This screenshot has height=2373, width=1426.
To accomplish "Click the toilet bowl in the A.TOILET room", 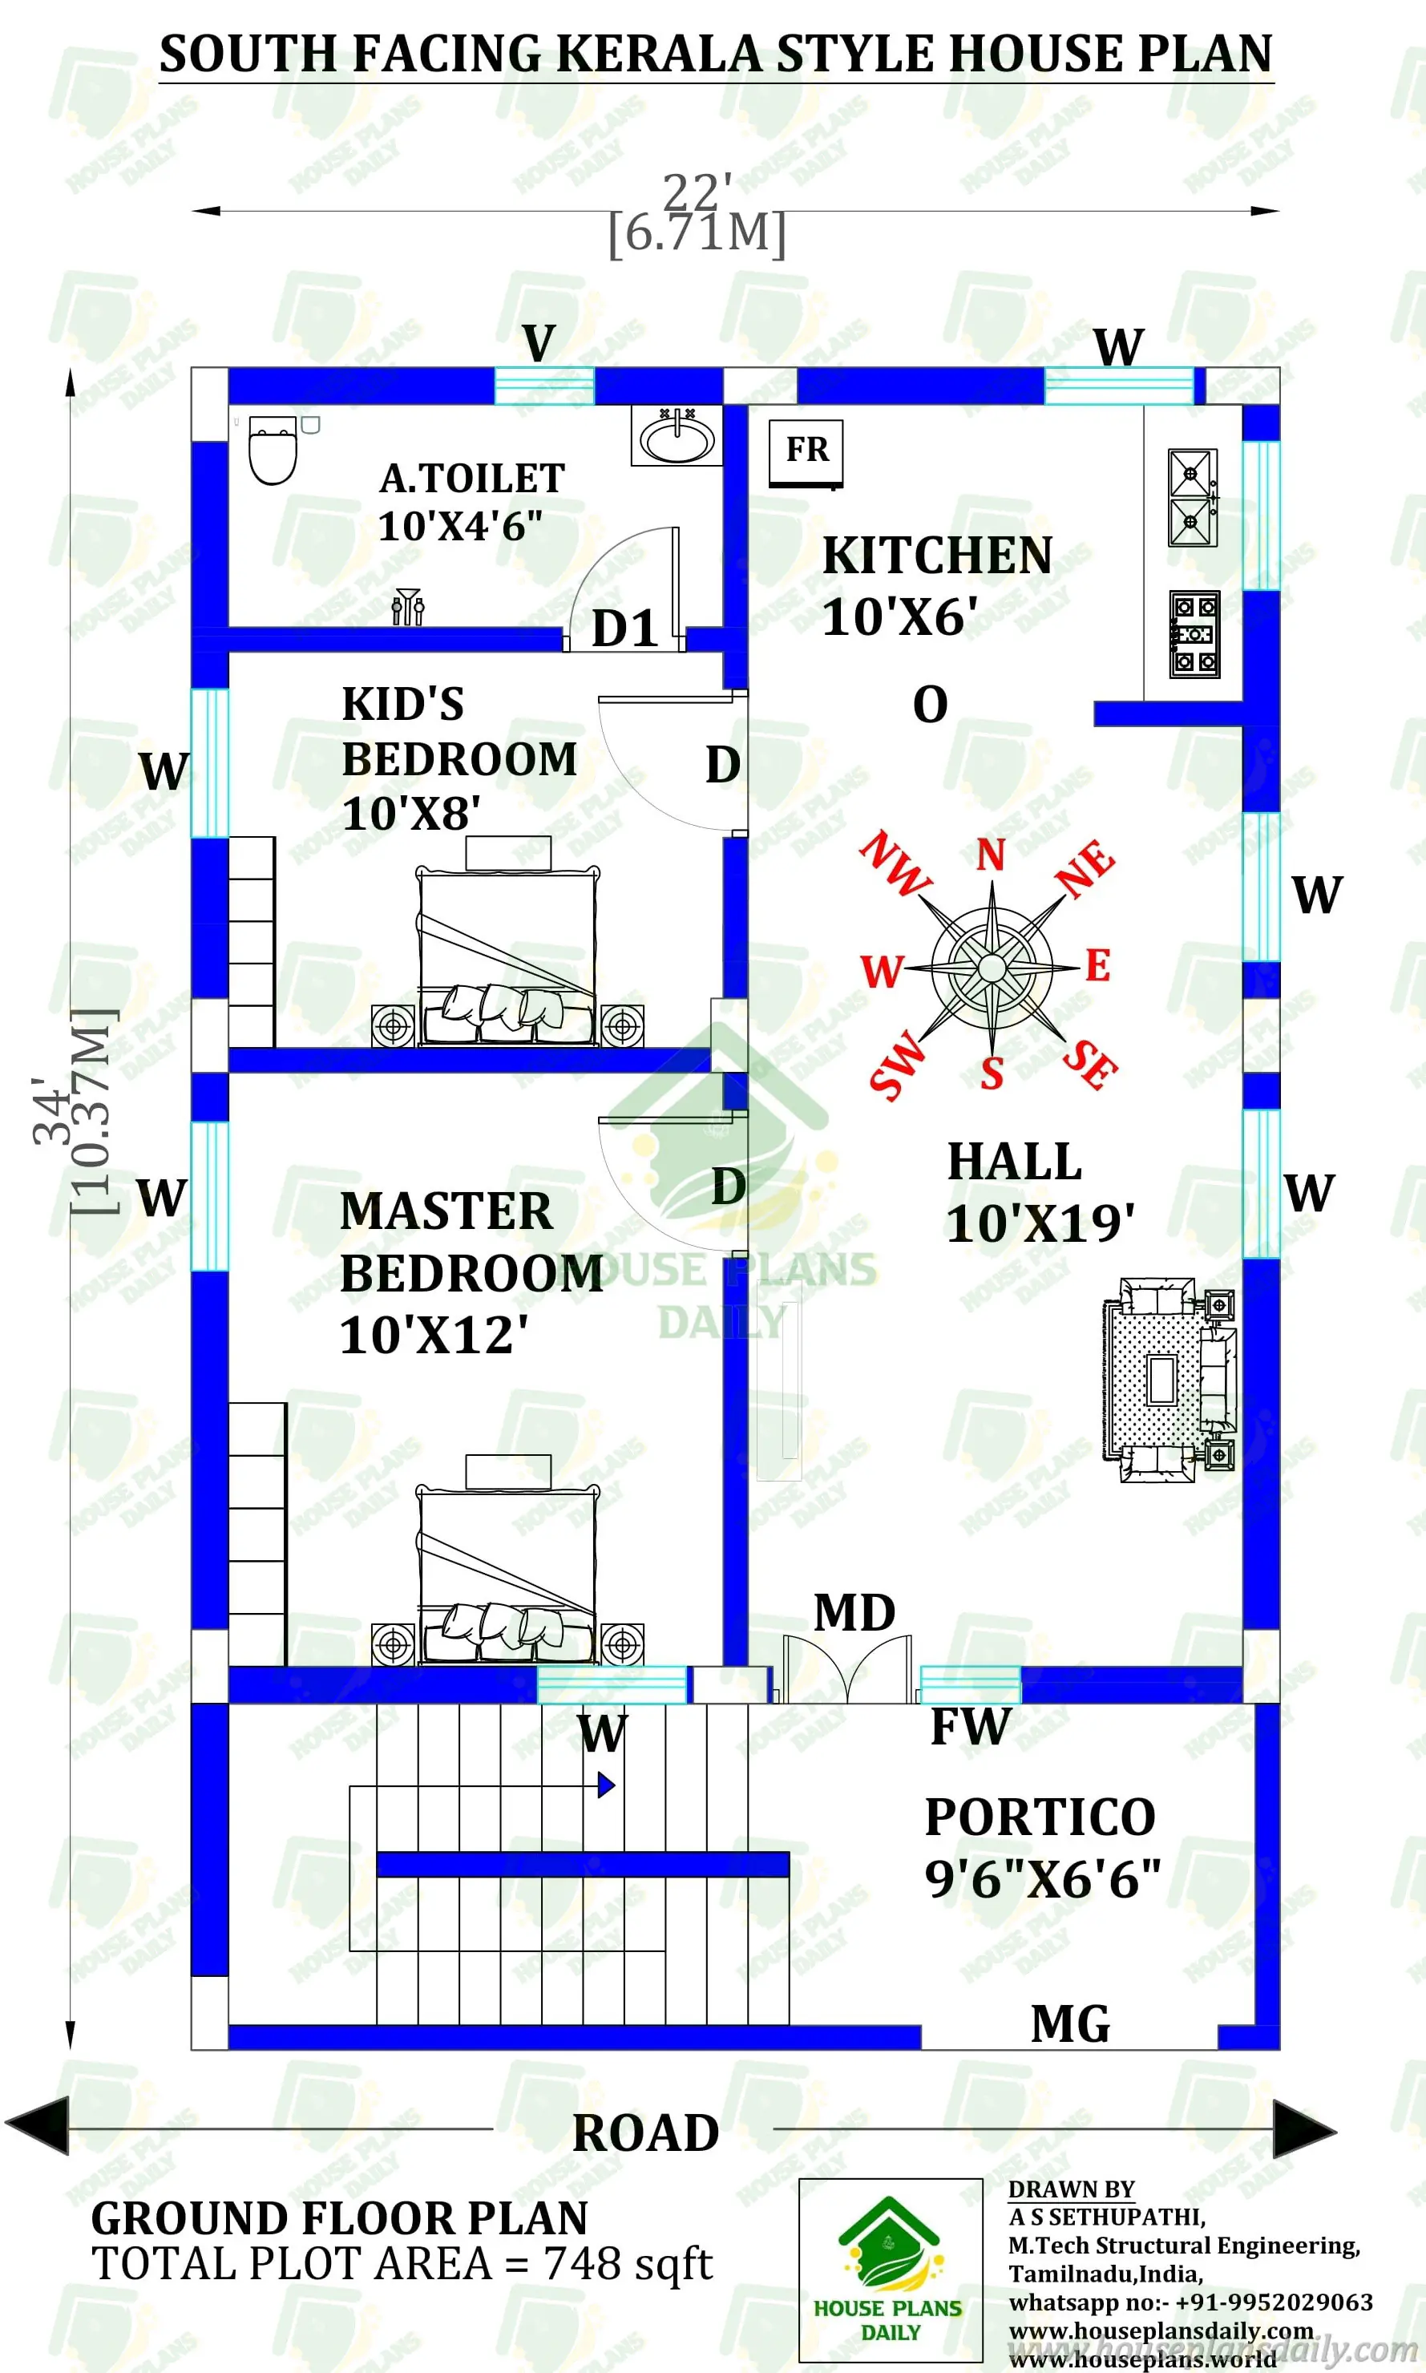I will [273, 451].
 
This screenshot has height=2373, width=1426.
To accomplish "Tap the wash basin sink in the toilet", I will [677, 437].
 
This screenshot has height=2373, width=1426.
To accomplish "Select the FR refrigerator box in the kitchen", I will [806, 451].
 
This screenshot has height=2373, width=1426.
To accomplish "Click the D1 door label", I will [624, 629].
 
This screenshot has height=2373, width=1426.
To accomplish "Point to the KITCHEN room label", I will [937, 556].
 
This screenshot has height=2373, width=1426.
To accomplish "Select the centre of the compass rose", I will [992, 968].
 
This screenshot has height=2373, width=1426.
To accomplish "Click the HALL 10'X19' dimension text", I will [1040, 1223].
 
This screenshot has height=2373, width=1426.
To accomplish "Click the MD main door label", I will [854, 1615].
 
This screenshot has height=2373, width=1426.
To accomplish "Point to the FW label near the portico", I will [971, 1727].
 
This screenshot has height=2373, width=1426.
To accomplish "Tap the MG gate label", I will [1070, 2025].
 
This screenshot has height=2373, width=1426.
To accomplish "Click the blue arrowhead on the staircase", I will [605, 1785].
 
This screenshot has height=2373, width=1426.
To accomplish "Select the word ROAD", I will [646, 2132].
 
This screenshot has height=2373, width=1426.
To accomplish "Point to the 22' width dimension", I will [697, 192].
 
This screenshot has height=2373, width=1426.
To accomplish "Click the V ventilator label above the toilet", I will [539, 343].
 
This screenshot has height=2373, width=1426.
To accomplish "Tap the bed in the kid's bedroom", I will [507, 952].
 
